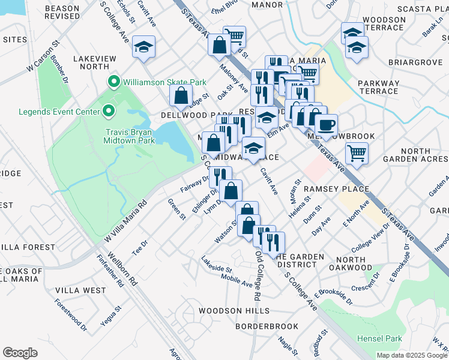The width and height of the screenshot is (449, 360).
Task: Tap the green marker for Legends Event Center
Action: coord(108,111)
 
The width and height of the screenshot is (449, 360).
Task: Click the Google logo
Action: coord(20,352)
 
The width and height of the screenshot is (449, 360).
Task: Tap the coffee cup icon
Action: coord(326,125)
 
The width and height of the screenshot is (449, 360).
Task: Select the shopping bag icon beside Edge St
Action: coord(181,94)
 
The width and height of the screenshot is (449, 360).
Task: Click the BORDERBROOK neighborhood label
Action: coord(267,326)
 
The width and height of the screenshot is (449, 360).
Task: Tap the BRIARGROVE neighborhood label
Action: coord(406,61)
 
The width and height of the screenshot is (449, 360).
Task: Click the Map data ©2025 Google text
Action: coord(412,355)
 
